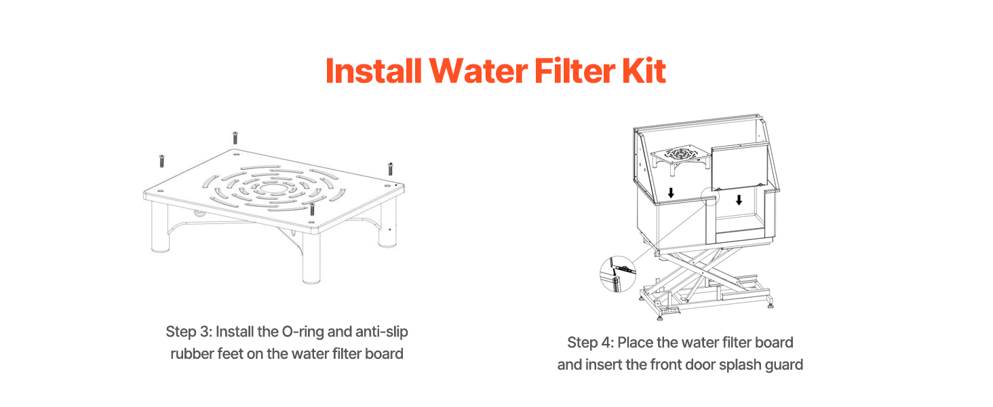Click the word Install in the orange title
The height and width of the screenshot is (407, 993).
373,71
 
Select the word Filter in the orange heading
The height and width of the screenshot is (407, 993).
575,71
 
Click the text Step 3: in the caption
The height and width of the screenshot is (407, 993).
189,332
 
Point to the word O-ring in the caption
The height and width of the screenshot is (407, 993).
303,332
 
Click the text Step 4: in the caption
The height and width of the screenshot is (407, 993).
591,343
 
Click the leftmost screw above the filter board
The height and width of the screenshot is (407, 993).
162,161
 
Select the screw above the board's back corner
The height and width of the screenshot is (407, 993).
235,138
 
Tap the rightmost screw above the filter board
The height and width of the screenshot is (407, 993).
390,169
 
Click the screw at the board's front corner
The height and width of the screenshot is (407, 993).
311,209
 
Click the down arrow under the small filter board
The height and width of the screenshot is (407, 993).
671,193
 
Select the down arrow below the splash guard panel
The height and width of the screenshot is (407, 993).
739,200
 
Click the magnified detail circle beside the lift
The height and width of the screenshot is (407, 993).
617,274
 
